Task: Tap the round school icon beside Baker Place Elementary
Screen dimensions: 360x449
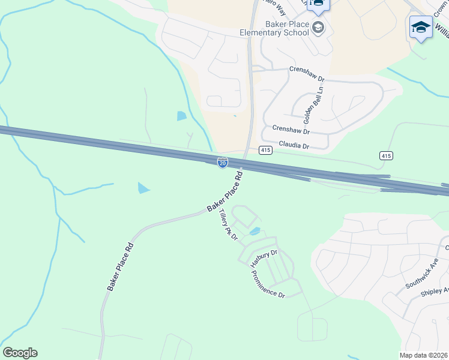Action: [318, 28]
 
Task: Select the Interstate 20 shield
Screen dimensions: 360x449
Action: [223, 163]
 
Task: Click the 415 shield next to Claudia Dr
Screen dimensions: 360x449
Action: [266, 149]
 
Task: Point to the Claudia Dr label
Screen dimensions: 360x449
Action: [294, 145]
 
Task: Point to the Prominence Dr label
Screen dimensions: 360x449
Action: [268, 284]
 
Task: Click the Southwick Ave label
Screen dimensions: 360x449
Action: [421, 274]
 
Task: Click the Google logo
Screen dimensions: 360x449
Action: [20, 353]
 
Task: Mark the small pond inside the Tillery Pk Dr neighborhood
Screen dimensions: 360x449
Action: [255, 231]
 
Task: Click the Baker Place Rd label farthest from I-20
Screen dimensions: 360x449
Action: [120, 267]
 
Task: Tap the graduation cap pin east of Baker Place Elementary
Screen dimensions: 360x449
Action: [421, 27]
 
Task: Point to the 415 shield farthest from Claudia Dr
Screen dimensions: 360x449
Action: [386, 155]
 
